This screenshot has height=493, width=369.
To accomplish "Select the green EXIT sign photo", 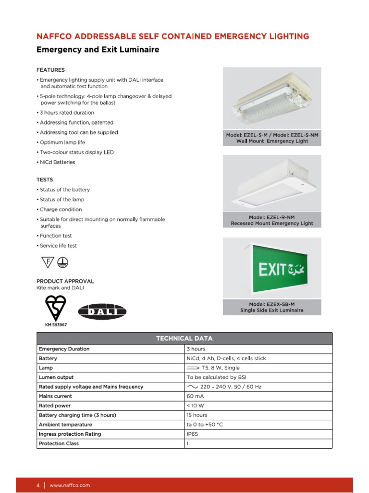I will (x=272, y=269).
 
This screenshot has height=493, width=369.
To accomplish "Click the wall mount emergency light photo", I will (x=272, y=99).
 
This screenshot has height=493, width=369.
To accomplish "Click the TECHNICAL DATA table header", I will (x=184, y=338).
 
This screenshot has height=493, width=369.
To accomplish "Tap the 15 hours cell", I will (x=197, y=415).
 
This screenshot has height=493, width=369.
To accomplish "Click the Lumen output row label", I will (x=56, y=377).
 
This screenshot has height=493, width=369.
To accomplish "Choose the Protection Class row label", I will (x=59, y=443).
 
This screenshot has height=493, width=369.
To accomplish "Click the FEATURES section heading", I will (x=50, y=70).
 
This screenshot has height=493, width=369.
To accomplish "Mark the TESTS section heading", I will (x=45, y=180).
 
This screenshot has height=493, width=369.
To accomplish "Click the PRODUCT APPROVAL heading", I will (x=65, y=281).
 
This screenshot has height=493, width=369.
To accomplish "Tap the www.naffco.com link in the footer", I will (x=70, y=486).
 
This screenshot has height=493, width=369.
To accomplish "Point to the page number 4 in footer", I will (x=38, y=486).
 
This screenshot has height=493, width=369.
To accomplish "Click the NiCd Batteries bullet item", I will (x=57, y=162).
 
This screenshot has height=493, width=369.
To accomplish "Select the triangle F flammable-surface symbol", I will (x=47, y=262).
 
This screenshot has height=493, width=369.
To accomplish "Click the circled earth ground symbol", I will (x=62, y=262).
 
